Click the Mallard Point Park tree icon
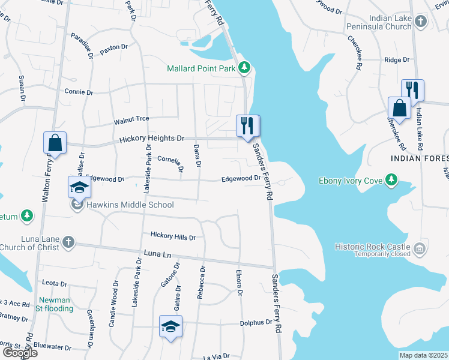pos(244,67)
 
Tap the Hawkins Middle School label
pos(130,205)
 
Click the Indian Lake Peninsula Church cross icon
pos(421,22)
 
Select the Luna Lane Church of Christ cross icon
pos(68,242)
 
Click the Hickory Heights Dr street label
pos(151,139)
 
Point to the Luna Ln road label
pos(158,254)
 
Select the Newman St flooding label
pos(56,304)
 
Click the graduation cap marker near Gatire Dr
pos(170,326)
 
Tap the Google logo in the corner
pos(19,353)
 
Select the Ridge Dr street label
pos(396,60)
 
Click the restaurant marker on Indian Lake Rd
pos(412,91)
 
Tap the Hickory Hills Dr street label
pos(173,237)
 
